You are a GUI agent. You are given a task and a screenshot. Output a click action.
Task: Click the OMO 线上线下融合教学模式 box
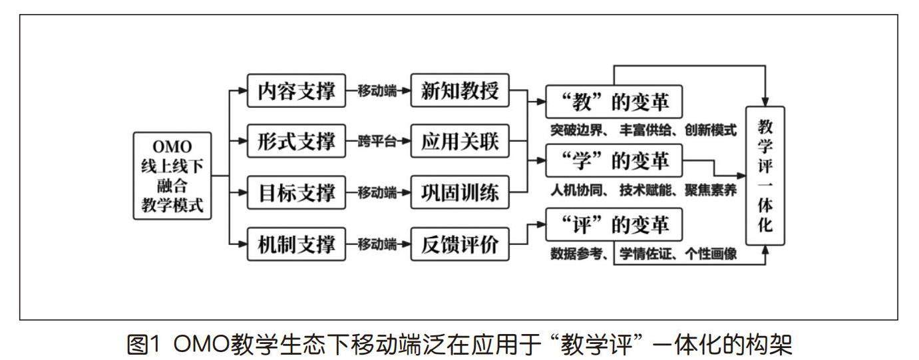[x=172, y=176]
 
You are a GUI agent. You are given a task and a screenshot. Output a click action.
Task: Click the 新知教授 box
[x=460, y=90]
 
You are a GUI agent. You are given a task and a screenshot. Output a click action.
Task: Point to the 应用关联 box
[x=460, y=142]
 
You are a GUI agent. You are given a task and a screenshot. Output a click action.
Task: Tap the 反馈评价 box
[x=460, y=245]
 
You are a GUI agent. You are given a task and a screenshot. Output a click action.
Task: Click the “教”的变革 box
[x=615, y=103]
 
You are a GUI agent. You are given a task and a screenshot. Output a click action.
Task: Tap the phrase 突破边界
[x=574, y=130]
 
